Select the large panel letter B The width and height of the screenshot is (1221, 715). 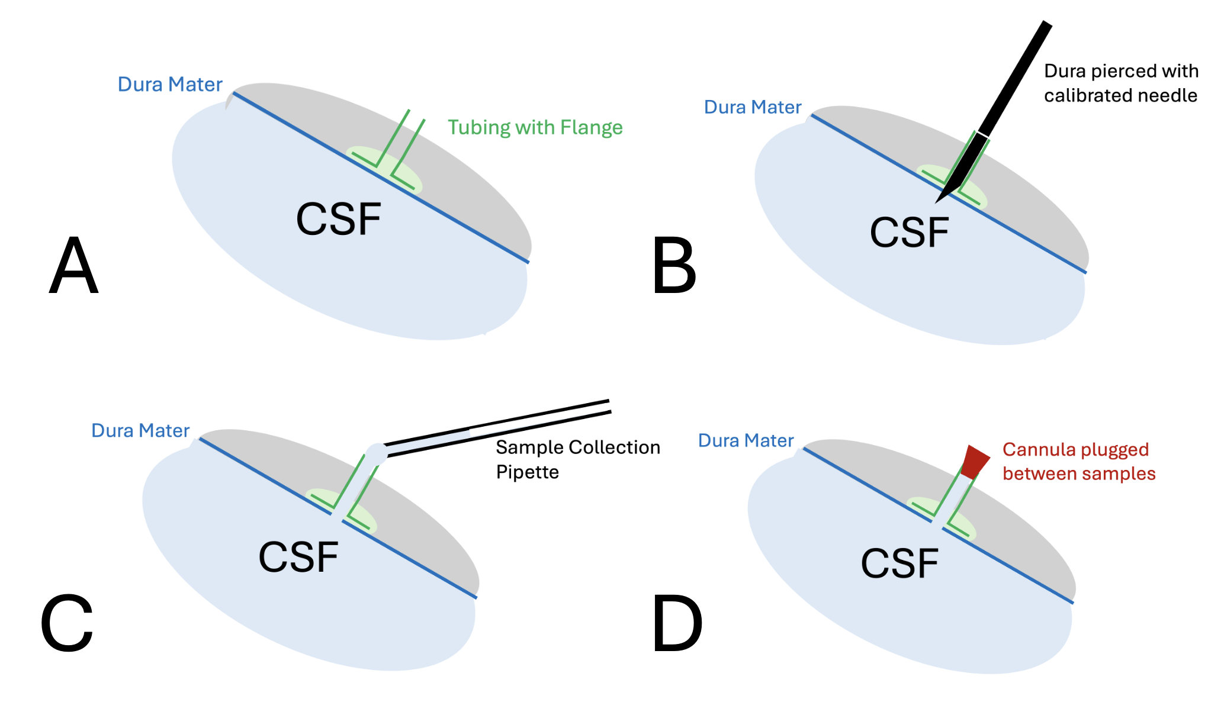(x=674, y=266)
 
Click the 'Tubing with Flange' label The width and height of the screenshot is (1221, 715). (x=535, y=127)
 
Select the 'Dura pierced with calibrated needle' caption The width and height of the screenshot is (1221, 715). (x=1120, y=83)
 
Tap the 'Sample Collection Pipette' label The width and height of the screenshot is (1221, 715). (x=577, y=459)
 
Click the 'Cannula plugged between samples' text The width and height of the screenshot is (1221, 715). (x=1078, y=462)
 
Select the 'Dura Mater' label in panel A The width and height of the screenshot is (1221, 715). (x=170, y=84)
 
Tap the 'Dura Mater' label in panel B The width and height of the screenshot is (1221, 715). (x=752, y=107)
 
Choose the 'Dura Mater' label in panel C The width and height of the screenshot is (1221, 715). (x=140, y=430)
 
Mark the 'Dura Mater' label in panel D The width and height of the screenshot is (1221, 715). (x=746, y=440)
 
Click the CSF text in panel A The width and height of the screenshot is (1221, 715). (x=338, y=220)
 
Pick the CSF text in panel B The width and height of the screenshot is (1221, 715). (x=909, y=232)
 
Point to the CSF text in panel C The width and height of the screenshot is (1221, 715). (x=298, y=557)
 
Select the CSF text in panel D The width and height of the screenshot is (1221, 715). (x=899, y=563)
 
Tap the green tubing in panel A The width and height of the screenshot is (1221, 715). (x=400, y=142)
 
